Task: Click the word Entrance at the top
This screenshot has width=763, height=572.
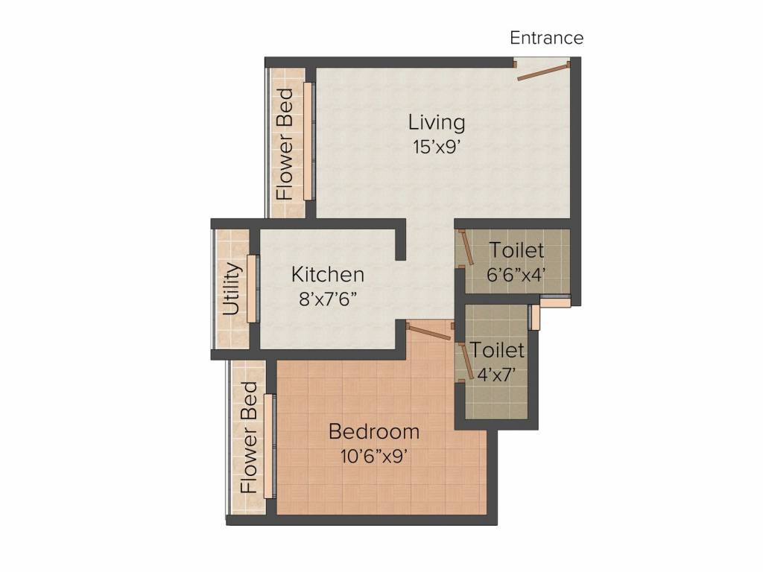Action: point(546,38)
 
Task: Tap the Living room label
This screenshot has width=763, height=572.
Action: point(437,123)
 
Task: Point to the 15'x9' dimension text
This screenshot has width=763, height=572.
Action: point(437,147)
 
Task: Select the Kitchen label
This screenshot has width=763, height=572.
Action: point(328,274)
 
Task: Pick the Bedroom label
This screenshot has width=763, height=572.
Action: point(374,432)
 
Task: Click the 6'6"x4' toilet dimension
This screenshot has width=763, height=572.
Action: point(516,275)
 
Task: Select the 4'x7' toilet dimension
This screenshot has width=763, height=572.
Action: point(496,375)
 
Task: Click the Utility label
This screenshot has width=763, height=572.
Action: point(232,289)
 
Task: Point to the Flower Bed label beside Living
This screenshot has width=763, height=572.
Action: point(285,144)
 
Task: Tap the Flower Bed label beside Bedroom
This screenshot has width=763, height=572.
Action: point(249,437)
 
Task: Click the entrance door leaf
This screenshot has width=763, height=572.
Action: point(543,71)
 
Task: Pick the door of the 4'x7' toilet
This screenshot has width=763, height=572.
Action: point(466,361)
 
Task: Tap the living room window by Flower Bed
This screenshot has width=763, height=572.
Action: point(308,141)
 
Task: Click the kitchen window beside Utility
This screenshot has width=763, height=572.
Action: point(251,289)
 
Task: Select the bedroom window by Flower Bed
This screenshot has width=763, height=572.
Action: point(268,446)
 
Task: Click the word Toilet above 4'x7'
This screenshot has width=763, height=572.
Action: point(497,350)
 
